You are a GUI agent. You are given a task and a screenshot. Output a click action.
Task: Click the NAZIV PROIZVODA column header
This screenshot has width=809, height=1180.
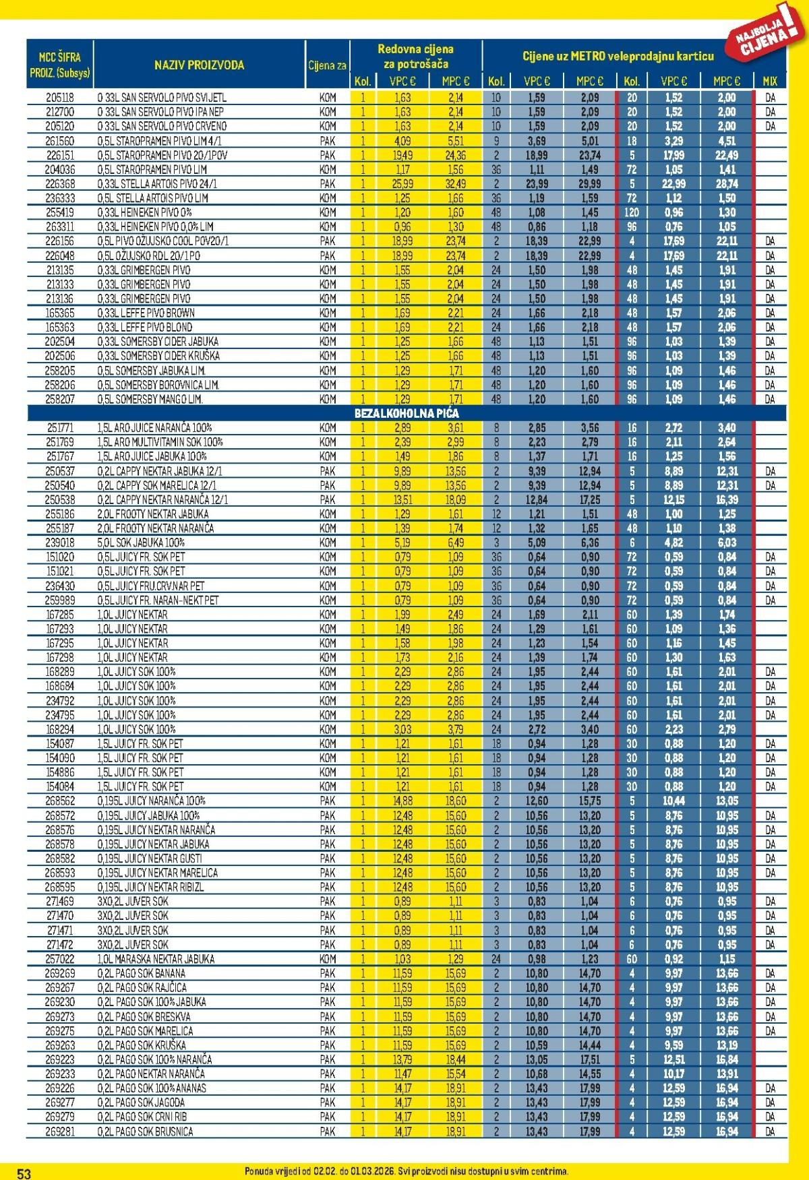[x=199, y=65]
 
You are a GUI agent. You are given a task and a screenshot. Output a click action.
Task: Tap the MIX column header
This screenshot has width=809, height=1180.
[x=770, y=81]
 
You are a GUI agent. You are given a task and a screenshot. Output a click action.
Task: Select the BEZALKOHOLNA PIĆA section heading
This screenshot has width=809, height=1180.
[x=407, y=413]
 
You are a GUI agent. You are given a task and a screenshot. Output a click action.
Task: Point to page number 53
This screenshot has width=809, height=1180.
[x=24, y=1173]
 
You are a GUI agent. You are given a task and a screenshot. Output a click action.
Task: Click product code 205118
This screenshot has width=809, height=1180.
[x=60, y=97]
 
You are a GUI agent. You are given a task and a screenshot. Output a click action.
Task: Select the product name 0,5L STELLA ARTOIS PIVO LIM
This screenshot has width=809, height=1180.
[x=153, y=198]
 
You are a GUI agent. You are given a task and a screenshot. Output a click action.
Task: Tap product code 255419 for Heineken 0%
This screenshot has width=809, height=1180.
[x=60, y=212]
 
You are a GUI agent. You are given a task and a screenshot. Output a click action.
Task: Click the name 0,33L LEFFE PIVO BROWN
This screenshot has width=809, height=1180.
[x=146, y=313]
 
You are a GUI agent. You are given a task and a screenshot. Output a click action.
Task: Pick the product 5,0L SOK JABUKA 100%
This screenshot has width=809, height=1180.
[x=141, y=542]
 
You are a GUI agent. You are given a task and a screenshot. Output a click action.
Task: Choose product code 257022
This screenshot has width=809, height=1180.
[x=60, y=959]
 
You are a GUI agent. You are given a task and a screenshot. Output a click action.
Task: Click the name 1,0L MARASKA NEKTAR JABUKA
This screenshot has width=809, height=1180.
[x=156, y=959]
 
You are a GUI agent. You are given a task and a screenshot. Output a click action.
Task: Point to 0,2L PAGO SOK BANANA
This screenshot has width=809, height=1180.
[x=141, y=973]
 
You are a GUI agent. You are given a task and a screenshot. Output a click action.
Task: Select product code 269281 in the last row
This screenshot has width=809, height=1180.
[x=60, y=1131]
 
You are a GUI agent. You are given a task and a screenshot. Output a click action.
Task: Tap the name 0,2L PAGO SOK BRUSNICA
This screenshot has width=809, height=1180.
[x=145, y=1131]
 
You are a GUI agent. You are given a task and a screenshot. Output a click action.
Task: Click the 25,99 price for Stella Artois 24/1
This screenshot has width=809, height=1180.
[x=402, y=184]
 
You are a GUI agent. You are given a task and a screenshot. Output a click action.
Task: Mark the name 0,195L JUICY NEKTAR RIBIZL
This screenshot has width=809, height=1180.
[x=150, y=887]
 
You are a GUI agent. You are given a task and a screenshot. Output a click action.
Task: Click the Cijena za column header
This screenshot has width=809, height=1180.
[x=328, y=65]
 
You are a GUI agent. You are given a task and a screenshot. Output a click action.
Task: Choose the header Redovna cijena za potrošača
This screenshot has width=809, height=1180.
[x=415, y=57]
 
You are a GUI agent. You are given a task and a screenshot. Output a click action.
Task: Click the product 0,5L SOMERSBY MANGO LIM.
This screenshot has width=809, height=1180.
[x=150, y=399]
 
